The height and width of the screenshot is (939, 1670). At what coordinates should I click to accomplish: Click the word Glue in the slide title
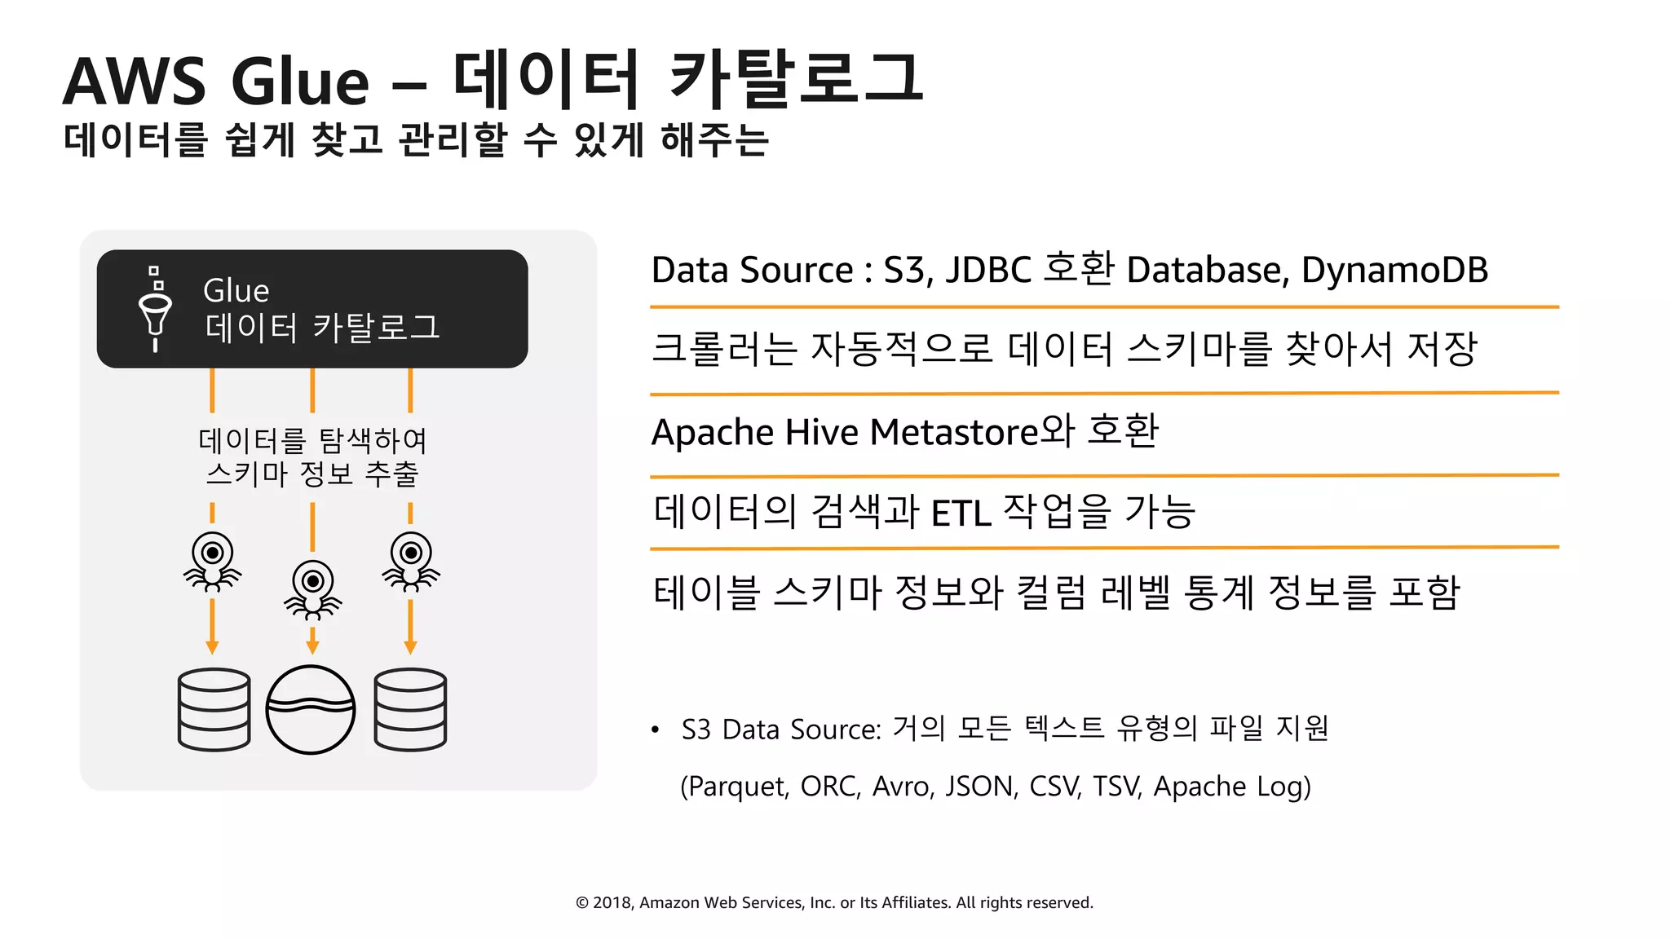[x=300, y=82]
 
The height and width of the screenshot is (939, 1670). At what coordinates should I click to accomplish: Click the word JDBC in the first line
[x=988, y=270]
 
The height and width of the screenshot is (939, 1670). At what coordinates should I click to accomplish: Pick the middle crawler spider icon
[x=312, y=589]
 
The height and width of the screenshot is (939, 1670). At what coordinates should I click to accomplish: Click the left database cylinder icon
[x=214, y=709]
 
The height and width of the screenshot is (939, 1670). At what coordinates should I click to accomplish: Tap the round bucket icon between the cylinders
[x=311, y=709]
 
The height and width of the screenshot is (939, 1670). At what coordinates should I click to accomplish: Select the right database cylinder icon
[x=410, y=709]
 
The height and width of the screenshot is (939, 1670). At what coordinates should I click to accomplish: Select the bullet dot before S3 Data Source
[x=655, y=730]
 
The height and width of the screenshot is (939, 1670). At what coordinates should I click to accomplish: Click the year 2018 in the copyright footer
[x=611, y=902]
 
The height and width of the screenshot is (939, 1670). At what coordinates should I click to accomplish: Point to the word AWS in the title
[x=135, y=82]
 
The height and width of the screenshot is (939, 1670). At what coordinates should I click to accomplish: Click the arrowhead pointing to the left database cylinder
[x=212, y=647]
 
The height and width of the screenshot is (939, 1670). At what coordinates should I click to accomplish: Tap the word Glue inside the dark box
[x=236, y=291]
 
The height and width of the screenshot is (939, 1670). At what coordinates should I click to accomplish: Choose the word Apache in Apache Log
[x=1199, y=787]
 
